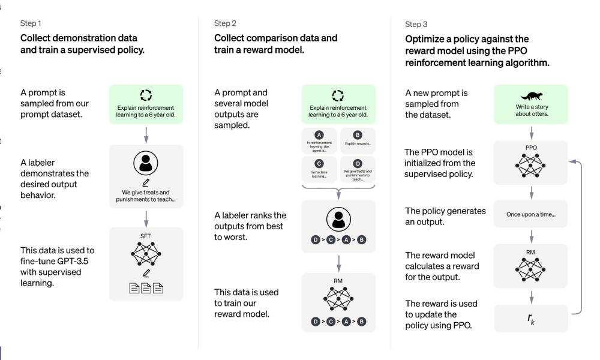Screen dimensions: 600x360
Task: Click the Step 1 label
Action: click(x=31, y=23)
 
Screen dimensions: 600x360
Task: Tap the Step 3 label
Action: click(x=416, y=25)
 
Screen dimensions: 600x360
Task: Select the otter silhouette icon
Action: click(x=531, y=95)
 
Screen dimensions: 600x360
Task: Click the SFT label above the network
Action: click(x=145, y=236)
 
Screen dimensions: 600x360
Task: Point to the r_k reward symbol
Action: click(x=531, y=318)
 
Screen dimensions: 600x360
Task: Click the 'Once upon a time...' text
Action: click(x=531, y=214)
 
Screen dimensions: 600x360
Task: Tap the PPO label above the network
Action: click(x=531, y=148)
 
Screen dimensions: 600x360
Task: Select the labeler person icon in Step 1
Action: click(x=146, y=163)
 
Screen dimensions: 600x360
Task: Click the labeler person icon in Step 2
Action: click(x=338, y=219)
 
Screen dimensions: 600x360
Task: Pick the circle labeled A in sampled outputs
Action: click(x=319, y=135)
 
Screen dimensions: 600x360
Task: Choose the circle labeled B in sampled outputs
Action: click(x=358, y=135)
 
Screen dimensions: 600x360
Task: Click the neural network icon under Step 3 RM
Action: click(x=530, y=269)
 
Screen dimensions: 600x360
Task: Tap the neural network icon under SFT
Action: click(x=146, y=254)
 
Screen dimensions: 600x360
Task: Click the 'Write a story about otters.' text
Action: click(x=532, y=110)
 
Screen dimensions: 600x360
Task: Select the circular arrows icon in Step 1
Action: click(x=146, y=95)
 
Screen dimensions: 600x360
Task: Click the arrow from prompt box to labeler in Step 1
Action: click(x=146, y=135)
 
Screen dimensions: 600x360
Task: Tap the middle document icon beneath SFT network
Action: click(x=146, y=288)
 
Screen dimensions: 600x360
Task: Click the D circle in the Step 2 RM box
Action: click(x=316, y=322)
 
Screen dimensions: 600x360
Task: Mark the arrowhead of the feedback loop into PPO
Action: click(x=572, y=162)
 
